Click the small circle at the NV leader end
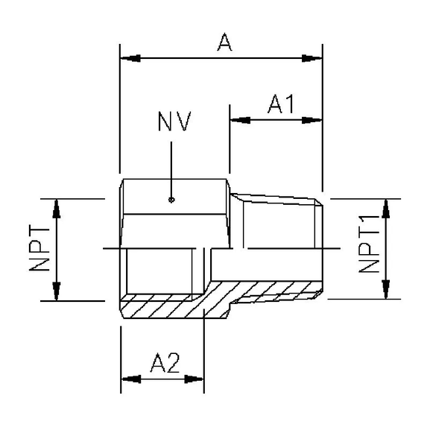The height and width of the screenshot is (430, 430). (x=171, y=199)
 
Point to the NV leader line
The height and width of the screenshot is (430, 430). (x=171, y=168)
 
